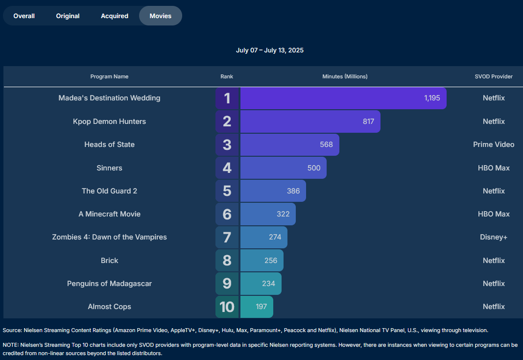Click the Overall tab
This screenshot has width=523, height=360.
click(x=24, y=16)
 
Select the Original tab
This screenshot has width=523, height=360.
click(x=68, y=16)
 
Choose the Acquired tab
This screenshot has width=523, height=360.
click(x=115, y=16)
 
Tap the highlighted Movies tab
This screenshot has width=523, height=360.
click(x=161, y=16)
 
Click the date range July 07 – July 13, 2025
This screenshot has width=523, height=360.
click(x=270, y=50)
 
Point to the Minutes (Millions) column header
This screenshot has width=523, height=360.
click(x=345, y=76)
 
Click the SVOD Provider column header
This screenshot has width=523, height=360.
click(x=494, y=76)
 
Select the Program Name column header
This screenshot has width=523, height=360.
click(x=109, y=76)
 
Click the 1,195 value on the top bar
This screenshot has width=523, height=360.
click(x=432, y=98)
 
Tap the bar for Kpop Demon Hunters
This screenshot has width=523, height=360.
click(x=310, y=121)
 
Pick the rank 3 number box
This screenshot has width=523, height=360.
click(x=227, y=144)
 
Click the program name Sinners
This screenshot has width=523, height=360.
click(x=109, y=168)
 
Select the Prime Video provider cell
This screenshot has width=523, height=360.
click(x=494, y=144)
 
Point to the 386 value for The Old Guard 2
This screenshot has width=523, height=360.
click(x=293, y=191)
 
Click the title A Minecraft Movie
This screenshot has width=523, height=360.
click(x=109, y=214)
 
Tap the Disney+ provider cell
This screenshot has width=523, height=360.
click(x=494, y=237)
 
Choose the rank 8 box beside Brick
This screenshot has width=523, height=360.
click(x=227, y=261)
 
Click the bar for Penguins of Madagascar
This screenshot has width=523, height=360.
click(x=261, y=284)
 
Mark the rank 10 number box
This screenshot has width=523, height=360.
click(x=227, y=307)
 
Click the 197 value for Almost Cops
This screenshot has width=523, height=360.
click(x=261, y=307)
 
